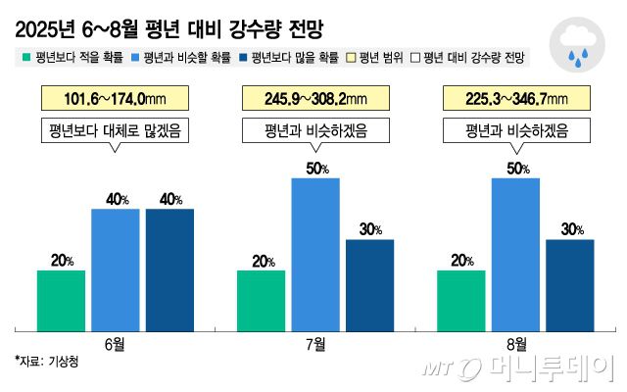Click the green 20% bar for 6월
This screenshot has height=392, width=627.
point(61,300)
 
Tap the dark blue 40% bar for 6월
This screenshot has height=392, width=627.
point(169,269)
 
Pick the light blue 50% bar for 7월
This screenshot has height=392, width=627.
point(315,254)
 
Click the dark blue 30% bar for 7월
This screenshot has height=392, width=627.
point(369,284)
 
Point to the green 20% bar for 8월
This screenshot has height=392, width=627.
point(461,300)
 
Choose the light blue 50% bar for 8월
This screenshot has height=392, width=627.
point(515,254)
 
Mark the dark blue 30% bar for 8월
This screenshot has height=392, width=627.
point(569,284)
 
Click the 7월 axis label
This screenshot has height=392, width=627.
point(315,344)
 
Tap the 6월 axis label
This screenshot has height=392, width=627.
point(116,344)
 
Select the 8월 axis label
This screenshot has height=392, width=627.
point(515,344)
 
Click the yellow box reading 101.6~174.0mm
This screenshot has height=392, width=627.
point(115,98)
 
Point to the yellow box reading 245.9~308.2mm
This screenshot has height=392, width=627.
point(315,98)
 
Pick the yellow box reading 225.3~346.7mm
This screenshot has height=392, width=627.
point(515,98)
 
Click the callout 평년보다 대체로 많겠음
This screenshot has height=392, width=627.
point(115,130)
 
